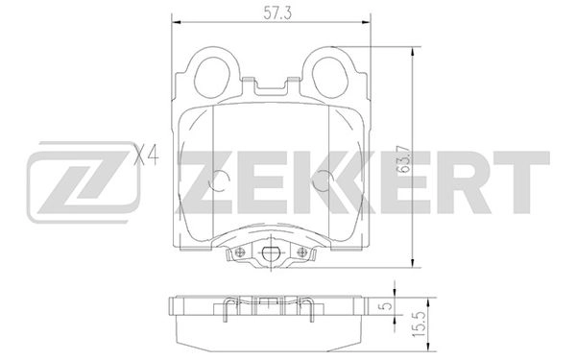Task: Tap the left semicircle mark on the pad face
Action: tap(220, 180)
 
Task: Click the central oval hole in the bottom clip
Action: tap(272, 254)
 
